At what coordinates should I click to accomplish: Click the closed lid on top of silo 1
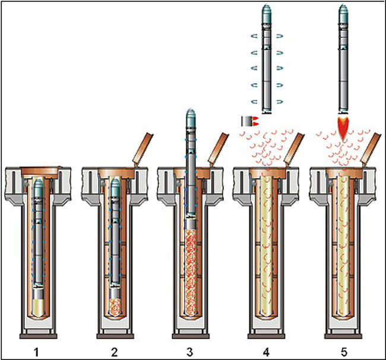pos(39,171)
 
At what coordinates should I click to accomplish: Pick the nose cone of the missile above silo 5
pos(344,11)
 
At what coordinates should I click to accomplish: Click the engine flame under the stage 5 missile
pos(344,128)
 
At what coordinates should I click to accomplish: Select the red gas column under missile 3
pos(191,273)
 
